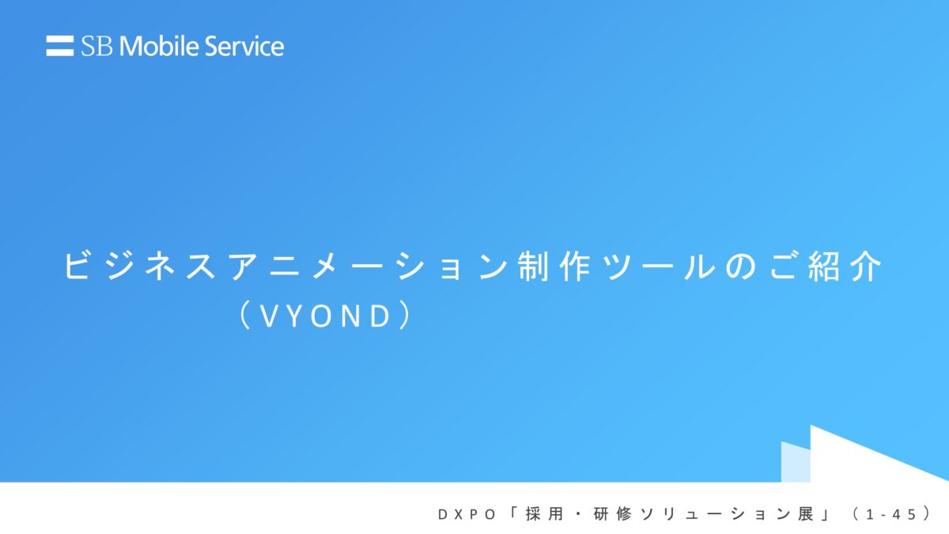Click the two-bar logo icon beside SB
(60, 46)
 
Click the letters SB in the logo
(96, 46)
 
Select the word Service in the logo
(244, 46)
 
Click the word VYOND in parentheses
(325, 316)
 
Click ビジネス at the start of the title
(140, 266)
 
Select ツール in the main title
(659, 266)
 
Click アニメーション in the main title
(368, 266)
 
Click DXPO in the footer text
(467, 514)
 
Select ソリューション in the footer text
(715, 514)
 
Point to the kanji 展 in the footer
(806, 514)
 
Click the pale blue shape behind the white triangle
(796, 462)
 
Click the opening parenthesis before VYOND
(244, 316)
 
